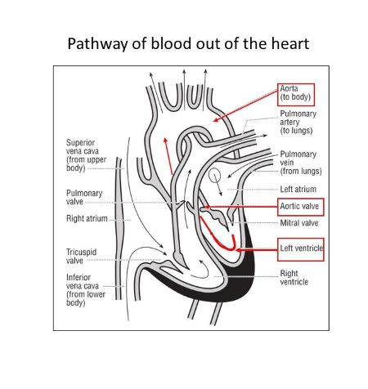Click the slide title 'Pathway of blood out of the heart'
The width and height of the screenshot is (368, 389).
point(184,42)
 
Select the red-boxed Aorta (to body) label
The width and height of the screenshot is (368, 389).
point(300,92)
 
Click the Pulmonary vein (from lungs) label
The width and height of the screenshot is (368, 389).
point(300,162)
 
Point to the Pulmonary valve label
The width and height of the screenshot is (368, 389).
point(83,198)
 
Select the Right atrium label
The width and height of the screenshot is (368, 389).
point(86,219)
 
